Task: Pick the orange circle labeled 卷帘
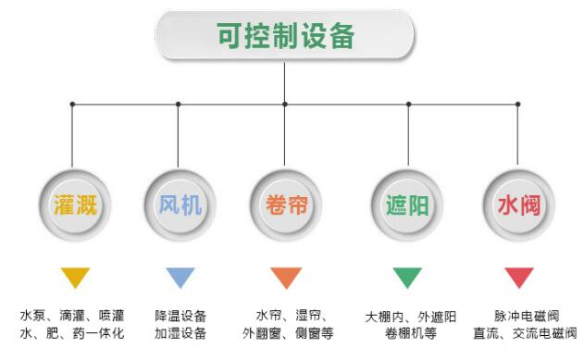[286, 204]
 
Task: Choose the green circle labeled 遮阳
[406, 204]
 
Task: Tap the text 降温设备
[180, 316]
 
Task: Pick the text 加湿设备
[180, 334]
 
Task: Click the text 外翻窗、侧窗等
[288, 334]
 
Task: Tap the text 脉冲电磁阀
[526, 316]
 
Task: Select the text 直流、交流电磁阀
[526, 334]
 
